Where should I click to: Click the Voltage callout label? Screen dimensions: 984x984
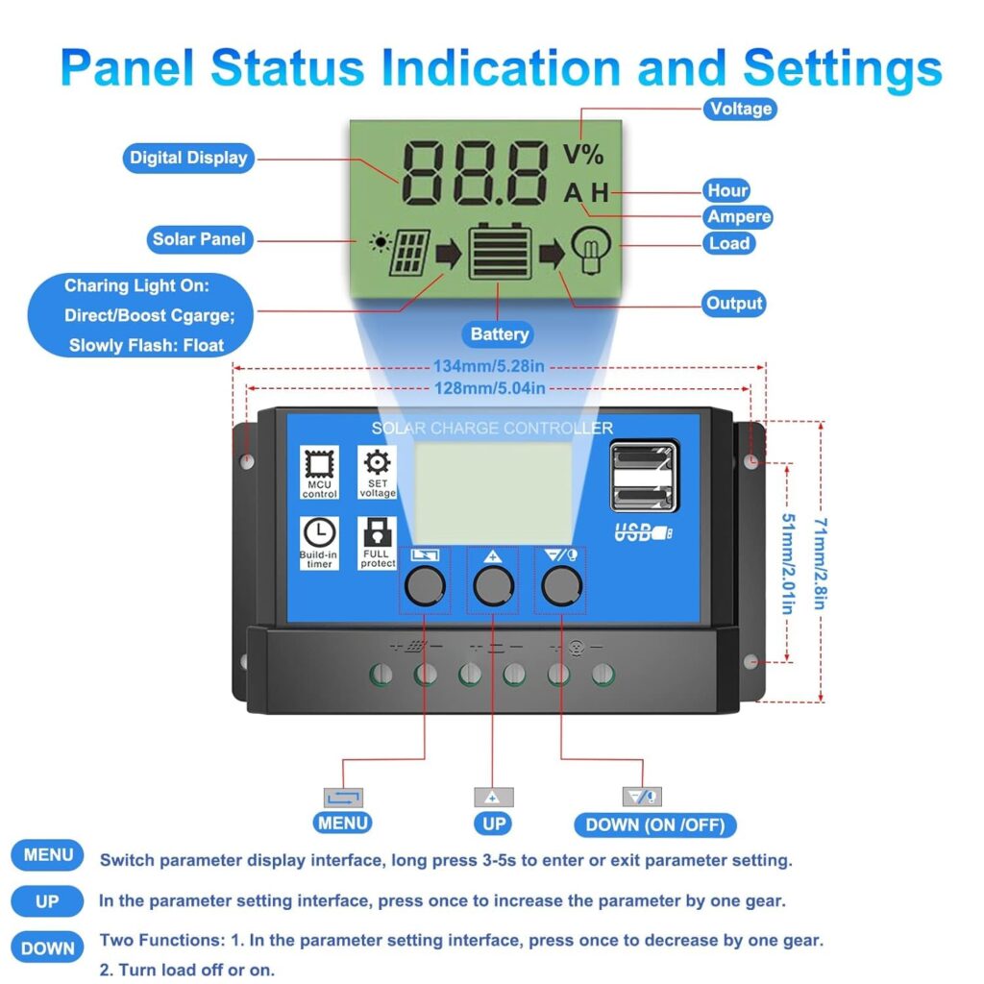(740, 109)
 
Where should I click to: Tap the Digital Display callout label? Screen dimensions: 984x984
(188, 158)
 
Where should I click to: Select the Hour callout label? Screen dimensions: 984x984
(726, 190)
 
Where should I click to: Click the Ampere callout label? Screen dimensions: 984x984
(739, 216)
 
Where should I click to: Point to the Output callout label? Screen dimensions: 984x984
(734, 304)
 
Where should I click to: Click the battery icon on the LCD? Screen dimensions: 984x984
(500, 252)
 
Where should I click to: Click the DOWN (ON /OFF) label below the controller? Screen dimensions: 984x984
(654, 824)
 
